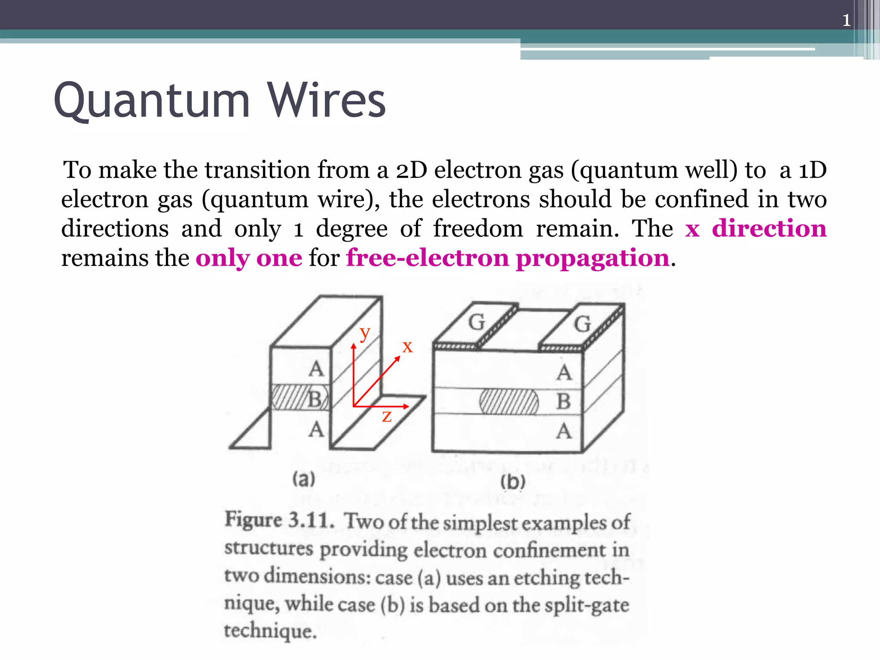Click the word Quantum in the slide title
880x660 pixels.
coord(152,101)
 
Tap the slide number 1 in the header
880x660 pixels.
coord(846,20)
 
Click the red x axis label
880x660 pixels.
coord(407,346)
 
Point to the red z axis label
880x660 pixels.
coord(387,416)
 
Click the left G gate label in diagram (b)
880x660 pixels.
coord(476,322)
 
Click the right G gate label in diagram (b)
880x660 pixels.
coord(582,324)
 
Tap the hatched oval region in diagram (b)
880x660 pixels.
coord(509,402)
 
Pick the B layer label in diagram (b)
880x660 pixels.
coord(563,402)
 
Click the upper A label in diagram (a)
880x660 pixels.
coord(316,369)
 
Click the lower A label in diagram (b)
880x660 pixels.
coord(564,431)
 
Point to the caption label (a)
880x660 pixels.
coord(304,479)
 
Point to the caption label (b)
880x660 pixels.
coord(513,482)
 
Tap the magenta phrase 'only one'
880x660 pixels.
coord(249,258)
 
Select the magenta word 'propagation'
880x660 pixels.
coord(593,258)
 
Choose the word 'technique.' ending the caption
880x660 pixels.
coord(270,631)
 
